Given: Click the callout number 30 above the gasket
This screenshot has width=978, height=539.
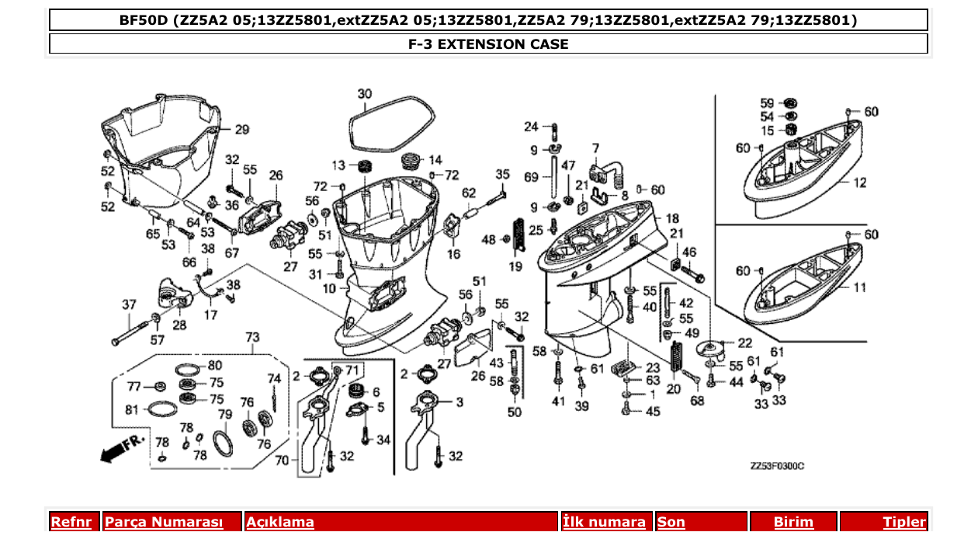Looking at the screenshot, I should point(365,94).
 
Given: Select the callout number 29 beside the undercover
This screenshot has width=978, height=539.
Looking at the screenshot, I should point(241,129).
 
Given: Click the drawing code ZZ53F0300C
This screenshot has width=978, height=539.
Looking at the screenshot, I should point(776,465).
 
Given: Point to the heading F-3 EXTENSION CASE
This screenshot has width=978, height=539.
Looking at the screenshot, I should point(488,44).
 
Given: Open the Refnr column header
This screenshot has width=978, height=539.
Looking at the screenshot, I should point(71,522).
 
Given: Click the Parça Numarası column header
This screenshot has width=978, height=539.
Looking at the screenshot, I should point(164,522).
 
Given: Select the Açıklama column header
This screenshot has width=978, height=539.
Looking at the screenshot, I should point(280,522).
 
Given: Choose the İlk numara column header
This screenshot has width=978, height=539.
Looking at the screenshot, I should point(604,522).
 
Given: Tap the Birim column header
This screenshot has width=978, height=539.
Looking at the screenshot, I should point(793,522).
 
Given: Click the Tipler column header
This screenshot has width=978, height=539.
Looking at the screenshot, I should point(904,522).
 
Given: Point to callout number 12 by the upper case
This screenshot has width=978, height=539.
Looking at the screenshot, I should point(859,183).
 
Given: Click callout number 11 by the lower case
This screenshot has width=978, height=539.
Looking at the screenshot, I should point(859,287).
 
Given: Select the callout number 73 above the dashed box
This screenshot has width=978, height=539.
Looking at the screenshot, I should point(252,337).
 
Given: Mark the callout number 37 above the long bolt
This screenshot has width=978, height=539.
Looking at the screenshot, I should point(129,304).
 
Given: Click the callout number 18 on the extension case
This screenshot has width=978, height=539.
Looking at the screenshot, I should point(672,218).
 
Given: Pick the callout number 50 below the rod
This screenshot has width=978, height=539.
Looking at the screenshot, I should point(515,412).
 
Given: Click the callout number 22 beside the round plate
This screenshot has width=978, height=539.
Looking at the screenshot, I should point(744,343).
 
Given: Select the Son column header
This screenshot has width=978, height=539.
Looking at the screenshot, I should point(671,522).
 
